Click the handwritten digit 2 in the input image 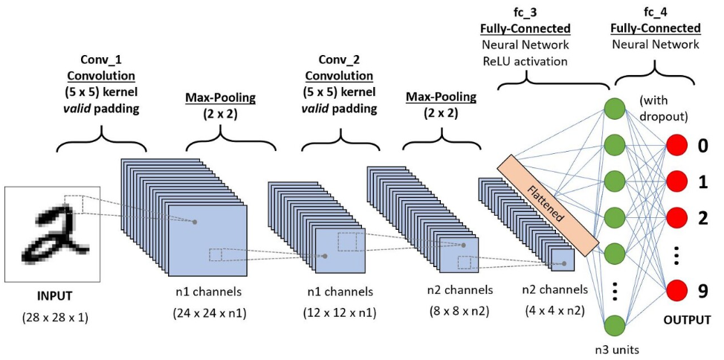[54, 235]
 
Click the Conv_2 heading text [340, 61]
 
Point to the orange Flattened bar [548, 205]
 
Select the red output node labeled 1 [677, 181]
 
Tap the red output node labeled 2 [677, 217]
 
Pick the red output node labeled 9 [677, 291]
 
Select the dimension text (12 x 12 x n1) [340, 313]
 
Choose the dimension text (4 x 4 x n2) [555, 311]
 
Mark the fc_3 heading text [525, 11]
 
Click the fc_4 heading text [655, 11]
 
